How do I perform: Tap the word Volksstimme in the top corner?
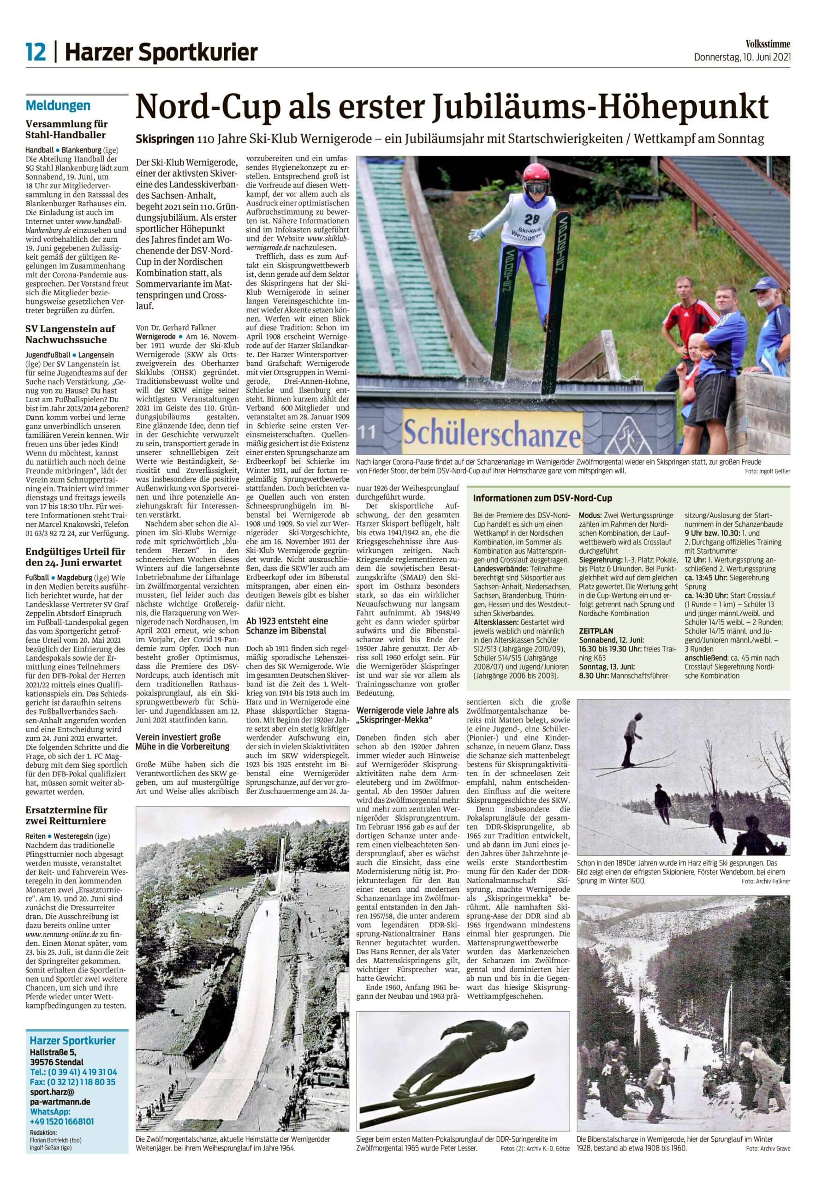coord(768,44)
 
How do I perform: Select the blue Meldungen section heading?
coord(58,106)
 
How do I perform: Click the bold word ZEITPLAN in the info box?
coord(596,632)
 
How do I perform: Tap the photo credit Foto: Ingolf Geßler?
coord(768,471)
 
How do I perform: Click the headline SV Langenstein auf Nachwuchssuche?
coord(71,334)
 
